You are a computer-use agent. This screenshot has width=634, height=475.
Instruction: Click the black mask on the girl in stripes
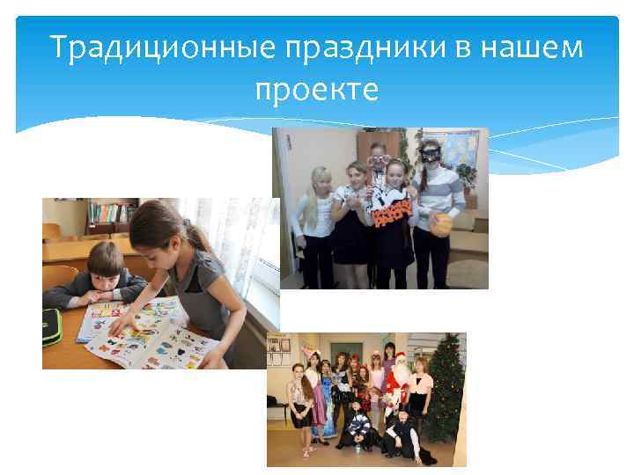pos(428,154)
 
